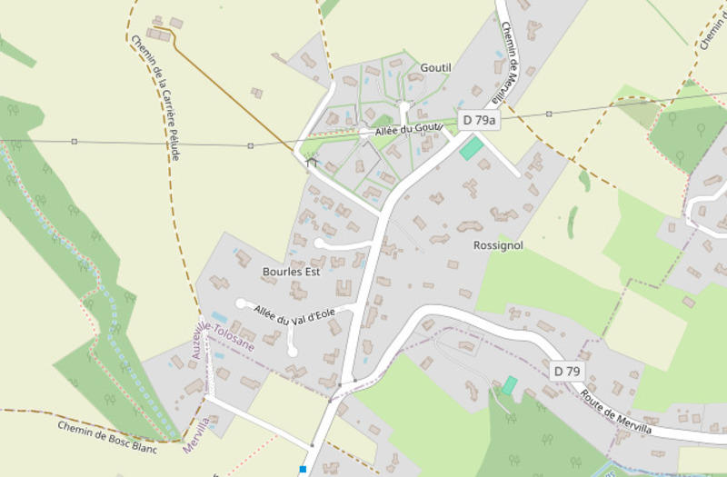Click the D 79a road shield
pyautogui.click(x=479, y=120)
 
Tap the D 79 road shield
pyautogui.click(x=566, y=371)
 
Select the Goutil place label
pyautogui.click(x=435, y=67)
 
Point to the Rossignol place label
pyautogui.click(x=498, y=245)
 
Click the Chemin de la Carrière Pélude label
pyautogui.click(x=155, y=98)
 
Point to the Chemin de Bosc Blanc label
pyautogui.click(x=107, y=437)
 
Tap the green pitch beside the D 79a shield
pyautogui.click(x=472, y=148)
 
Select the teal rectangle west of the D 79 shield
pyautogui.click(x=510, y=385)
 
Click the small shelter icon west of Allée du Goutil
pyautogui.click(x=312, y=163)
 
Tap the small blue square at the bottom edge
pyautogui.click(x=303, y=469)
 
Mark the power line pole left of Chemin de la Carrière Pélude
pyautogui.click(x=74, y=142)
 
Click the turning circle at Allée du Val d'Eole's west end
pyautogui.click(x=241, y=303)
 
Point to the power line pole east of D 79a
pyautogui.click(x=549, y=114)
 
